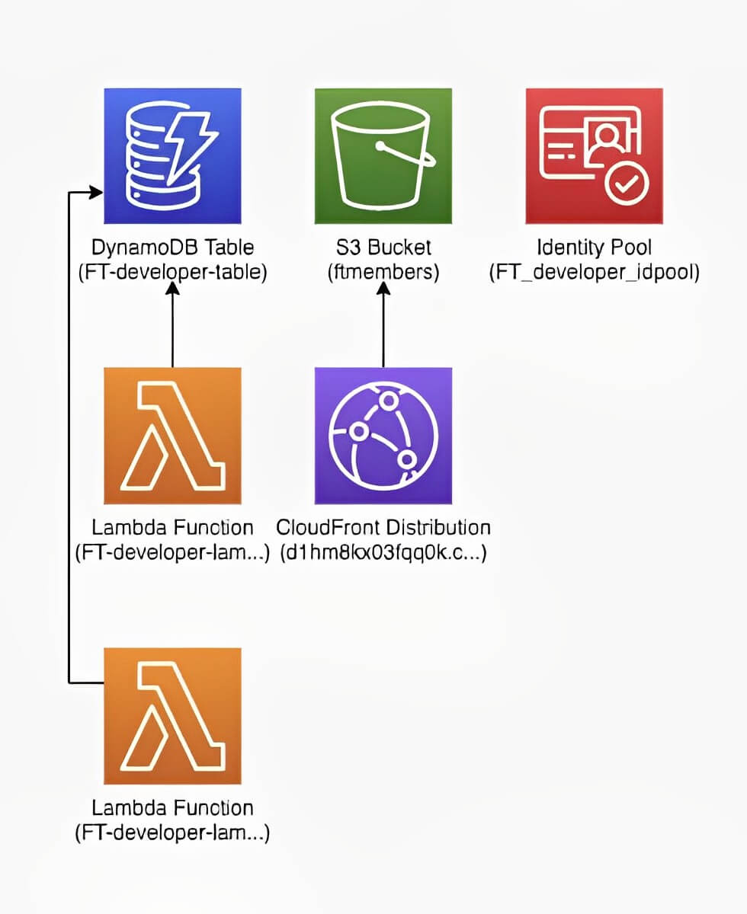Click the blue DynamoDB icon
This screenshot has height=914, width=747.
point(172,156)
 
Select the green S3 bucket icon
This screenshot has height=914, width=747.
point(383,156)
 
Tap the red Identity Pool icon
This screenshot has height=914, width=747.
point(594,156)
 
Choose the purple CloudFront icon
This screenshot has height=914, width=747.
point(383,435)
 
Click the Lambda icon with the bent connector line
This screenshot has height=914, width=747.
point(172,715)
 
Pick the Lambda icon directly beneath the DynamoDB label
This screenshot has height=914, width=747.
point(172,435)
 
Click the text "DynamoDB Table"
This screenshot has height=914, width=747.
point(172,248)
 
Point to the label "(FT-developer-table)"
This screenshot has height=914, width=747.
point(172,272)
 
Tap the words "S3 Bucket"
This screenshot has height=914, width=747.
point(383,248)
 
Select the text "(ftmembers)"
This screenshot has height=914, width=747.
point(383,272)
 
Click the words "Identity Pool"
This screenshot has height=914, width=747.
point(594,248)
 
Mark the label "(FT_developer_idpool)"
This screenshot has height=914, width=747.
point(594,272)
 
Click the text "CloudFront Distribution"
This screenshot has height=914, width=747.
point(383,527)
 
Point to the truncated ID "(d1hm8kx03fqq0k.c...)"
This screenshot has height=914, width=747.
point(383,552)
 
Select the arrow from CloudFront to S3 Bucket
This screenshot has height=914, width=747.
point(383,328)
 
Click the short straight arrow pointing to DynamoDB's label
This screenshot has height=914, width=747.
point(172,328)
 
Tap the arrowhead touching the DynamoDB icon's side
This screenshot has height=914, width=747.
point(95,193)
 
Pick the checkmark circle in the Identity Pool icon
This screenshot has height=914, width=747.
point(627,183)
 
